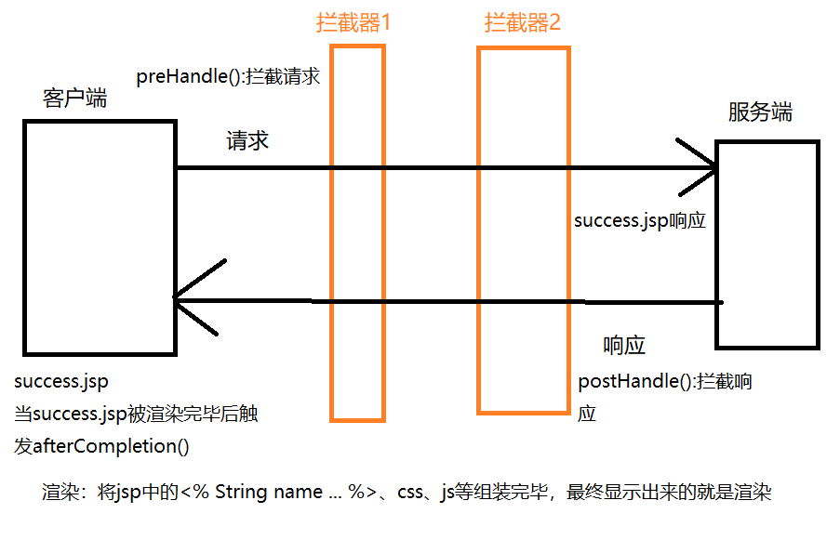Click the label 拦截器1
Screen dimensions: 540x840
click(353, 23)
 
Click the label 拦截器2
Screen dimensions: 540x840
click(522, 23)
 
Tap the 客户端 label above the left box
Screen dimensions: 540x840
click(75, 99)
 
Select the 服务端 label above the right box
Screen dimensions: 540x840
click(760, 112)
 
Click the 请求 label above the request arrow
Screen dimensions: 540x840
click(247, 140)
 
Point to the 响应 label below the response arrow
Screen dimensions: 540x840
click(624, 346)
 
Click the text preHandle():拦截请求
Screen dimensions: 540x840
click(228, 77)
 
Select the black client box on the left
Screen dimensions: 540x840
click(100, 237)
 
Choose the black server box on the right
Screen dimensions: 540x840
click(767, 244)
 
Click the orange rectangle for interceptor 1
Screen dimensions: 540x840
click(357, 232)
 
